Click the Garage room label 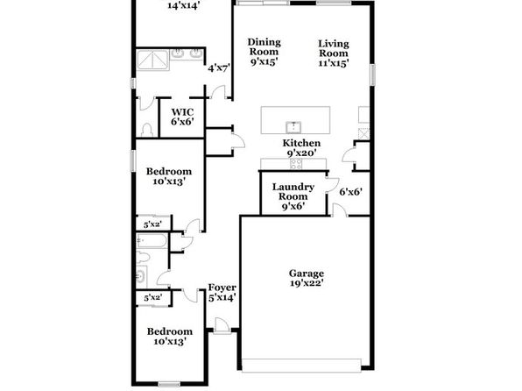coord(306,274)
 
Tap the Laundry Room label coord(293,192)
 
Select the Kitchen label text coord(301,143)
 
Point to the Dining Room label coord(264,47)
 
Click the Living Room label coord(334,48)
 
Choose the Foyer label coord(222,288)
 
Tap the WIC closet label coord(182,111)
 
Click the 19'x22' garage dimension coord(307,283)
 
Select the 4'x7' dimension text coord(219,68)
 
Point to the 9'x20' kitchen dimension coord(301,153)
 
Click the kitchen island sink coord(293,127)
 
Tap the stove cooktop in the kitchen coord(296,164)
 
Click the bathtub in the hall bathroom coord(152,241)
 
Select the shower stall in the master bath coord(152,60)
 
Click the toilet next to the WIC coord(147,130)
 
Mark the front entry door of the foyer coord(222,325)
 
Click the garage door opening coord(301,366)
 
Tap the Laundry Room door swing coord(333,185)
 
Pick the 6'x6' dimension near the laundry coord(351,192)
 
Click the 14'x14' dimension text coord(183,5)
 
